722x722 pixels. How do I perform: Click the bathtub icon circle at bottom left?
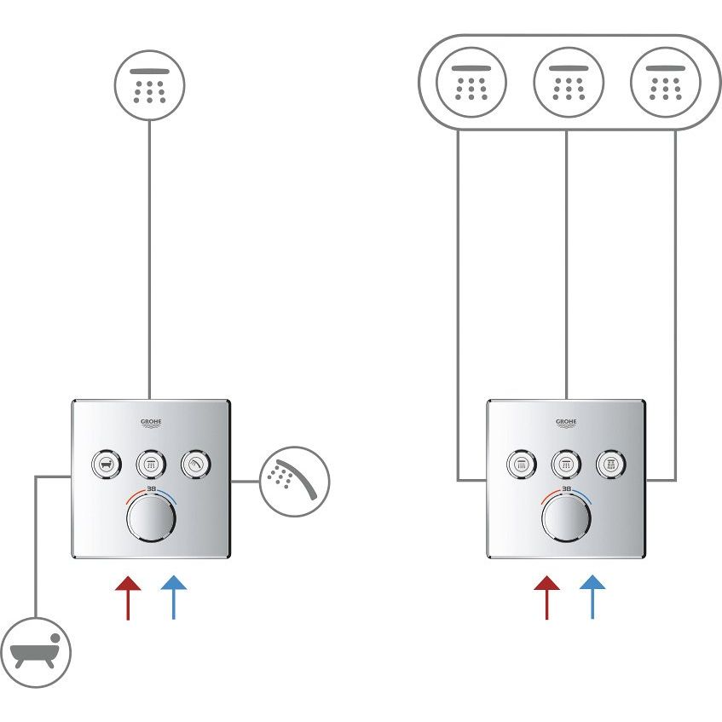[36, 652]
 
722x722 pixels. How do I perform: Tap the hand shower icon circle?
[293, 482]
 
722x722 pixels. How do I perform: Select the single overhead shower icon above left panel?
[150, 84]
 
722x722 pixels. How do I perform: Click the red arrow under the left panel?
[127, 597]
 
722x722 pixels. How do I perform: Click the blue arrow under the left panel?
[173, 597]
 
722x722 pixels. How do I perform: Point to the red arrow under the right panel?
[546, 597]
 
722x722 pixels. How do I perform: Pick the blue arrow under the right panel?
[592, 597]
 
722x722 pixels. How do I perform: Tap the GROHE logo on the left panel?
[151, 424]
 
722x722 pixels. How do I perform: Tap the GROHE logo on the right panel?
[567, 424]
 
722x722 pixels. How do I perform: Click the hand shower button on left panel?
[195, 465]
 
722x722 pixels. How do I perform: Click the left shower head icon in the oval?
[471, 83]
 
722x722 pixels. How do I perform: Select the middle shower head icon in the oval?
[568, 83]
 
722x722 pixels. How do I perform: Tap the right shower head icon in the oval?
[665, 83]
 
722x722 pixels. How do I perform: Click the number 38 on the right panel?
[567, 489]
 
